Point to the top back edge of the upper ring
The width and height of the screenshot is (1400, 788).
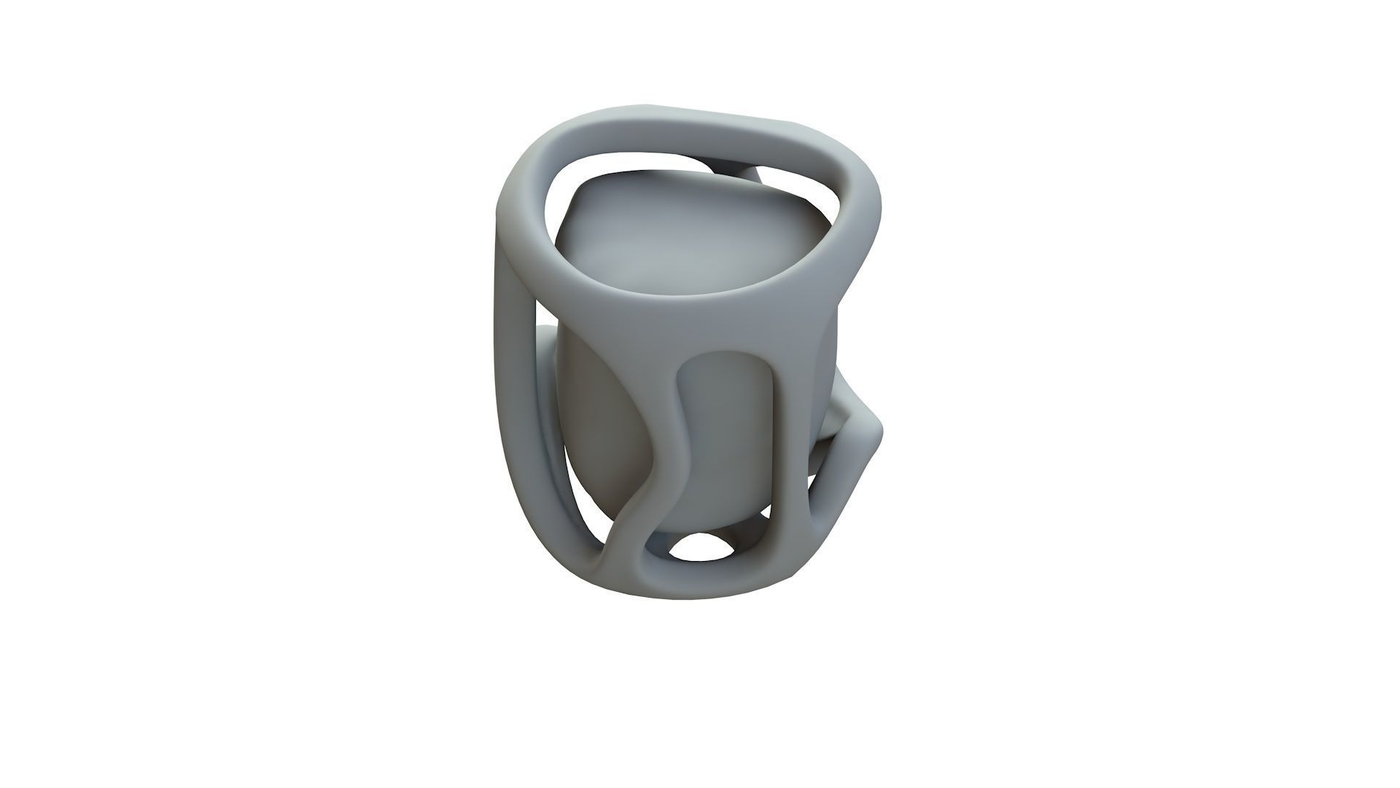[693, 117]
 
